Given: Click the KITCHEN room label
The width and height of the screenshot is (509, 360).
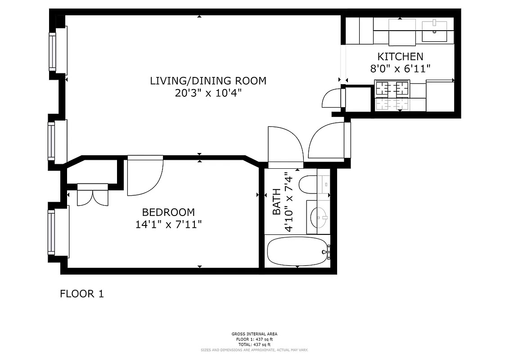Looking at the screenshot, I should tap(400, 57).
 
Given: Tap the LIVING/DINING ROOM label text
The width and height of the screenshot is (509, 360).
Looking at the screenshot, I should tap(208, 81).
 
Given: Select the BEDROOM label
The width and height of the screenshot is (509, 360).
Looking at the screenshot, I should tap(168, 212).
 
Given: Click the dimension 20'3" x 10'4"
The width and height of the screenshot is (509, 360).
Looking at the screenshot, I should tap(208, 93).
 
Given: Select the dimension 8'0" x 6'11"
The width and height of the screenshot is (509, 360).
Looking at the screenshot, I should tap(400, 69).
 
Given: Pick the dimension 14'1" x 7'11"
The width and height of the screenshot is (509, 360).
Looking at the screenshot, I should tap(168, 225).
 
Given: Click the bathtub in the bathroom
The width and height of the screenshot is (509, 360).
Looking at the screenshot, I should tap(297, 252).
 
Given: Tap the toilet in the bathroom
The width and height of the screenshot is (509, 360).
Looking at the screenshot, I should tap(309, 185).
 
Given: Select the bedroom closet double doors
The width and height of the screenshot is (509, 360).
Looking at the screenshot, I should tap(93, 194).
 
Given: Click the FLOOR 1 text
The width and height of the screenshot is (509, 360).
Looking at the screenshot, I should tap(82, 294).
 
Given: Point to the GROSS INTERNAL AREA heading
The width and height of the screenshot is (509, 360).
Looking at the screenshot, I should tap(254, 334).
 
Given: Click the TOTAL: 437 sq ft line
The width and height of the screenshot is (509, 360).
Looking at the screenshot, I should tap(254, 344).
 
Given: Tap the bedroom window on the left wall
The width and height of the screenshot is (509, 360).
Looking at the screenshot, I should tap(52, 231).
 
